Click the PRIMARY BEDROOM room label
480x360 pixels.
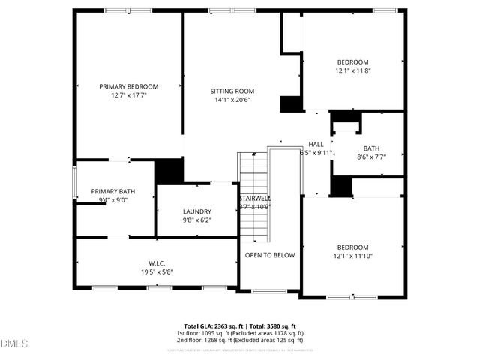point(129,87)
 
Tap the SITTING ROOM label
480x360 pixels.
point(232,91)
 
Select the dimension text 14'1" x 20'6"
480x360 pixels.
point(232,100)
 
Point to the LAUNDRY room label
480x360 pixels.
point(197,211)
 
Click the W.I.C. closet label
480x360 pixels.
point(156,263)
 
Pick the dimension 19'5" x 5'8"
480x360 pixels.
point(156,272)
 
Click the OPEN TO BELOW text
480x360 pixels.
point(270,255)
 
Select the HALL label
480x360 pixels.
point(316,144)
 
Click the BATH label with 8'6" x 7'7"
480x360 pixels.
point(371,148)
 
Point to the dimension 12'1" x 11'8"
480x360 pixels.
point(352,70)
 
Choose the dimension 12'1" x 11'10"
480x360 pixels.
point(352,256)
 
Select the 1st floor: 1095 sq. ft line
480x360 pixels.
point(240,333)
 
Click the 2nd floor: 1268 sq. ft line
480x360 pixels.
point(240,340)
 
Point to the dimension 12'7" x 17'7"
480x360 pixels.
point(129,96)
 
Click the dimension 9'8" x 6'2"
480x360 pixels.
point(197,220)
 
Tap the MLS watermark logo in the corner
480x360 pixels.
point(14,343)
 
